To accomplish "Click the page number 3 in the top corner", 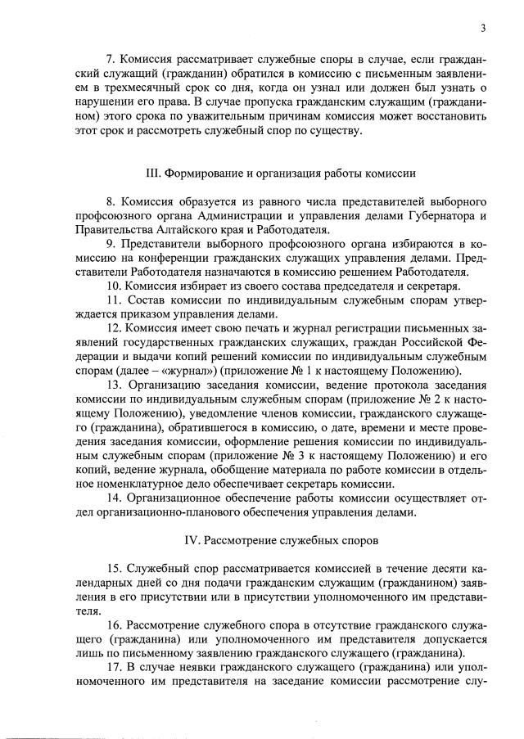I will point(483,29).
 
